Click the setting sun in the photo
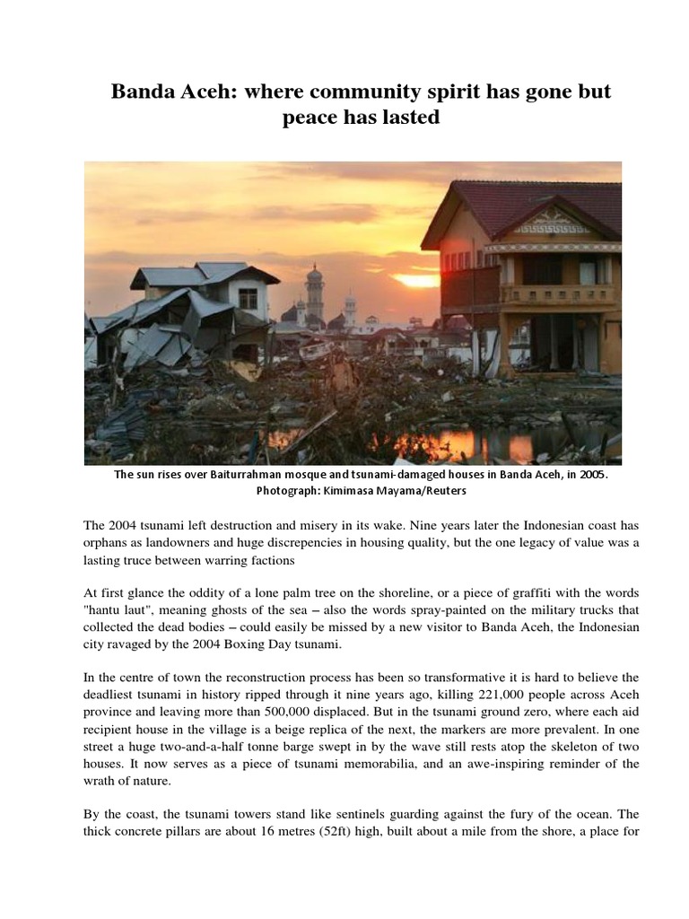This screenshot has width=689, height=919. (x=418, y=280)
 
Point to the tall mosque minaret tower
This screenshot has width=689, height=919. (x=315, y=292)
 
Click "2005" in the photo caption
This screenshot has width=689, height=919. (x=589, y=476)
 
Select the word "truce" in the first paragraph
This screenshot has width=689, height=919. (x=166, y=561)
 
